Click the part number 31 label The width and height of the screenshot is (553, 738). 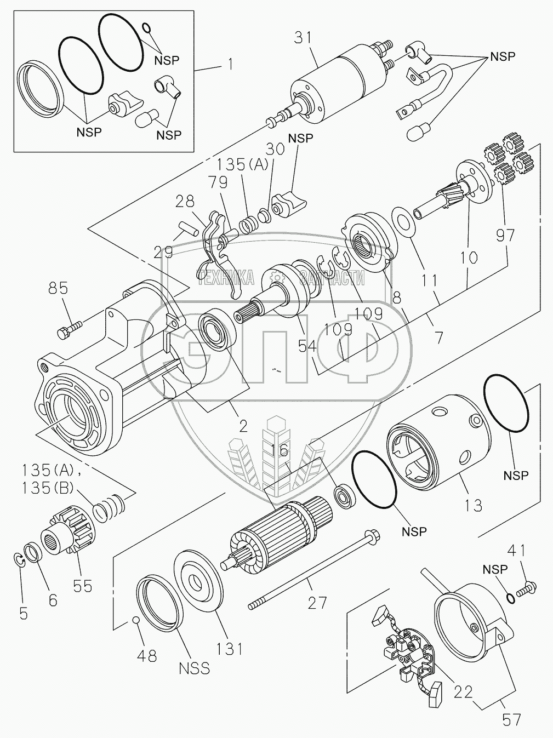pos(304,38)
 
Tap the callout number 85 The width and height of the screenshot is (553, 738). pos(59,289)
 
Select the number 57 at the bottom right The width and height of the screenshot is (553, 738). pos(511,720)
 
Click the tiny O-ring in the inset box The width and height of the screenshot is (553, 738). pos(146,27)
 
